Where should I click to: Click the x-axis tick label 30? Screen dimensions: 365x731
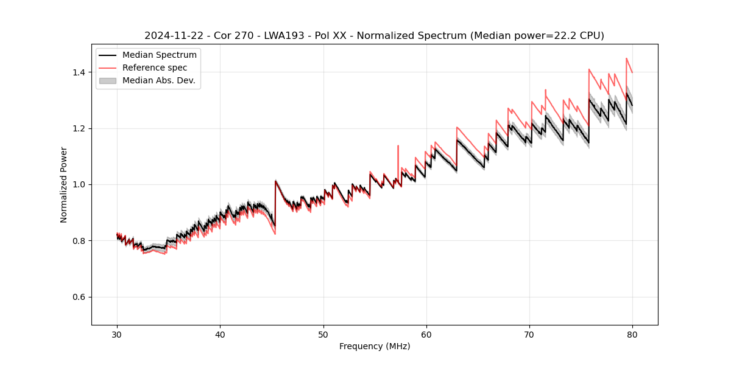coord(117,335)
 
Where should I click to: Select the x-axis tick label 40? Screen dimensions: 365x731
coord(220,335)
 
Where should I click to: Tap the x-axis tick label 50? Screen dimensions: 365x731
coord(323,335)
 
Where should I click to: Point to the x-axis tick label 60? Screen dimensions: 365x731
coord(426,335)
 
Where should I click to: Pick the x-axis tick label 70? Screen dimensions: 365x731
coord(529,335)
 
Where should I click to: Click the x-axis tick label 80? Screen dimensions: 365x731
coord(632,335)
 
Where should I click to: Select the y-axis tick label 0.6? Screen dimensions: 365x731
coord(79,297)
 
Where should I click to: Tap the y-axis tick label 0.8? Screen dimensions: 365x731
coord(79,241)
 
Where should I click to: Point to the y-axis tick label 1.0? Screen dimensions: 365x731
coord(79,184)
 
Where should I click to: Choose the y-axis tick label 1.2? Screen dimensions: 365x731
coord(79,128)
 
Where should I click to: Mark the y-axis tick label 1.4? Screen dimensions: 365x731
coord(79,72)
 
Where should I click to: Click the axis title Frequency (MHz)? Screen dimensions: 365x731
coord(375,346)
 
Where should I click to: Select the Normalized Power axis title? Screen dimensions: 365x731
coord(64,184)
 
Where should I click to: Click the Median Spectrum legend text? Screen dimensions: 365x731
coord(160,55)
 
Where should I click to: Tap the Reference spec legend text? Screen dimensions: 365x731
coord(155,68)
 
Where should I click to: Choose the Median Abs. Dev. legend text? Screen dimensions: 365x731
coord(159,80)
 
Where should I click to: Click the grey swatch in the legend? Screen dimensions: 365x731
coord(108,80)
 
